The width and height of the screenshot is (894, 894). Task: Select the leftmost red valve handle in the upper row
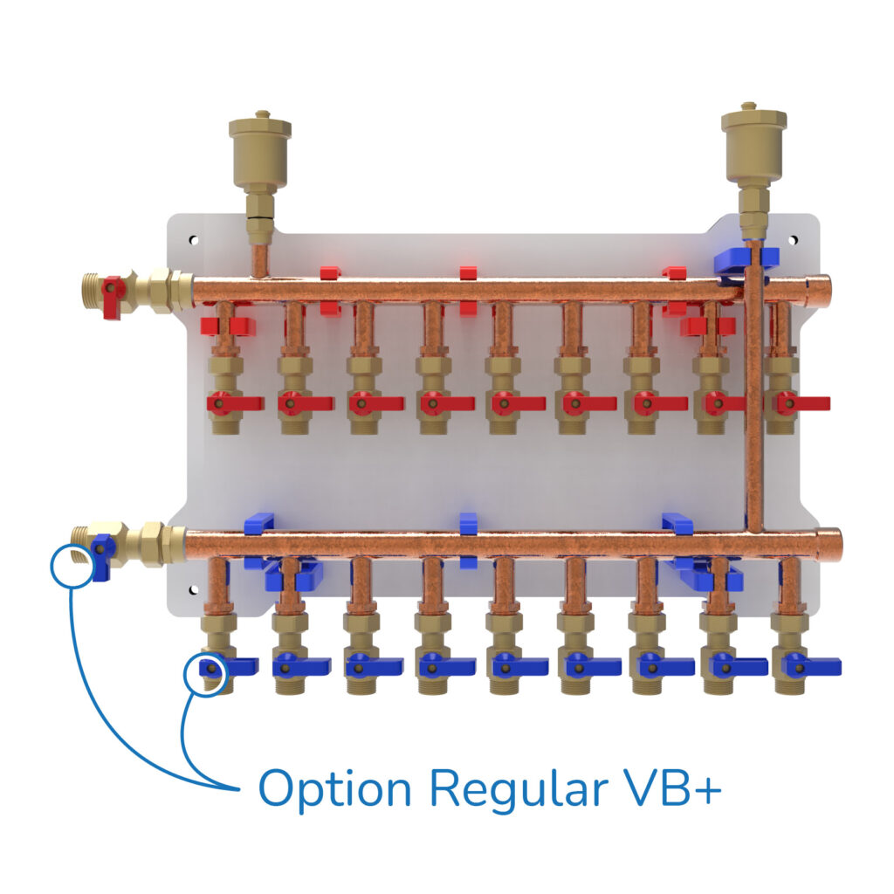[236, 403]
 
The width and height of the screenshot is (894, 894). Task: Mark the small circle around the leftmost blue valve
[206, 672]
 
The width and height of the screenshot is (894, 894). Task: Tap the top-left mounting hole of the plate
[193, 239]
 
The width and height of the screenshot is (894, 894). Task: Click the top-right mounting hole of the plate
[793, 238]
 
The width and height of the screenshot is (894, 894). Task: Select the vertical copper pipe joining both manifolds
[755, 402]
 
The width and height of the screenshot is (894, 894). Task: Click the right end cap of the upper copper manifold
[820, 289]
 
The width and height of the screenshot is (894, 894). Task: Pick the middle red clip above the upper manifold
[469, 273]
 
